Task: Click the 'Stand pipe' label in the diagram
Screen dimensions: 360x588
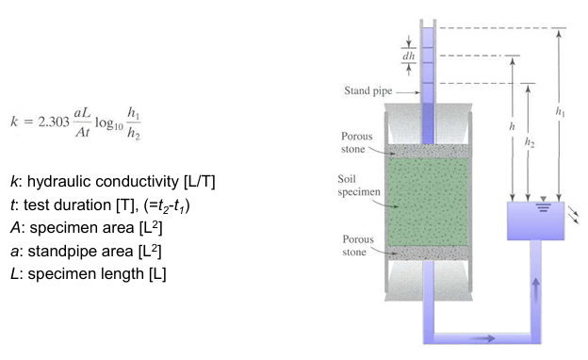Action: tap(367, 91)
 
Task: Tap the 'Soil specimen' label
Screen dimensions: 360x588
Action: tap(359, 186)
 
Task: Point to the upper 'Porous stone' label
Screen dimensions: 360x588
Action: tap(358, 141)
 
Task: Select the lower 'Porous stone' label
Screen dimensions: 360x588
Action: tap(358, 245)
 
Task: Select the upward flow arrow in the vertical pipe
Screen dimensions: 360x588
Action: tap(536, 288)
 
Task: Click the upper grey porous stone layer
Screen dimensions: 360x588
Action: tap(428, 151)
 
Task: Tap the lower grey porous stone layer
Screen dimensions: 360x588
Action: tap(428, 252)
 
